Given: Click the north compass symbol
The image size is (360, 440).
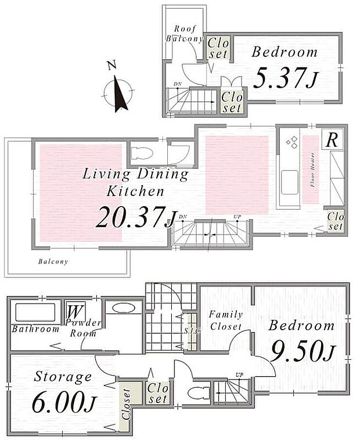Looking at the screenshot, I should point(118,92).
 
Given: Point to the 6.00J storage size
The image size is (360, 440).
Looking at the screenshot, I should point(63,402).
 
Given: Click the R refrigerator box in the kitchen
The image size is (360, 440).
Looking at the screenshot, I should point(332,139).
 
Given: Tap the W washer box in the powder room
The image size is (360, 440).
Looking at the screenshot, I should point(74,311).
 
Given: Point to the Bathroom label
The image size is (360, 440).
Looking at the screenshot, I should point(35,329).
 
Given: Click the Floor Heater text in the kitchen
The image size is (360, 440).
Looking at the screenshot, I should point(313,174).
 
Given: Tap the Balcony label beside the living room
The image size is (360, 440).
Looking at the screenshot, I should point(53,261).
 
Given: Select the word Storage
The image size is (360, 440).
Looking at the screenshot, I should point(63,377).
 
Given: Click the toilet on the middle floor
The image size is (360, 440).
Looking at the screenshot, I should point(142,153).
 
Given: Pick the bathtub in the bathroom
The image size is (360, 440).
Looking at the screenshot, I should point(35,312).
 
